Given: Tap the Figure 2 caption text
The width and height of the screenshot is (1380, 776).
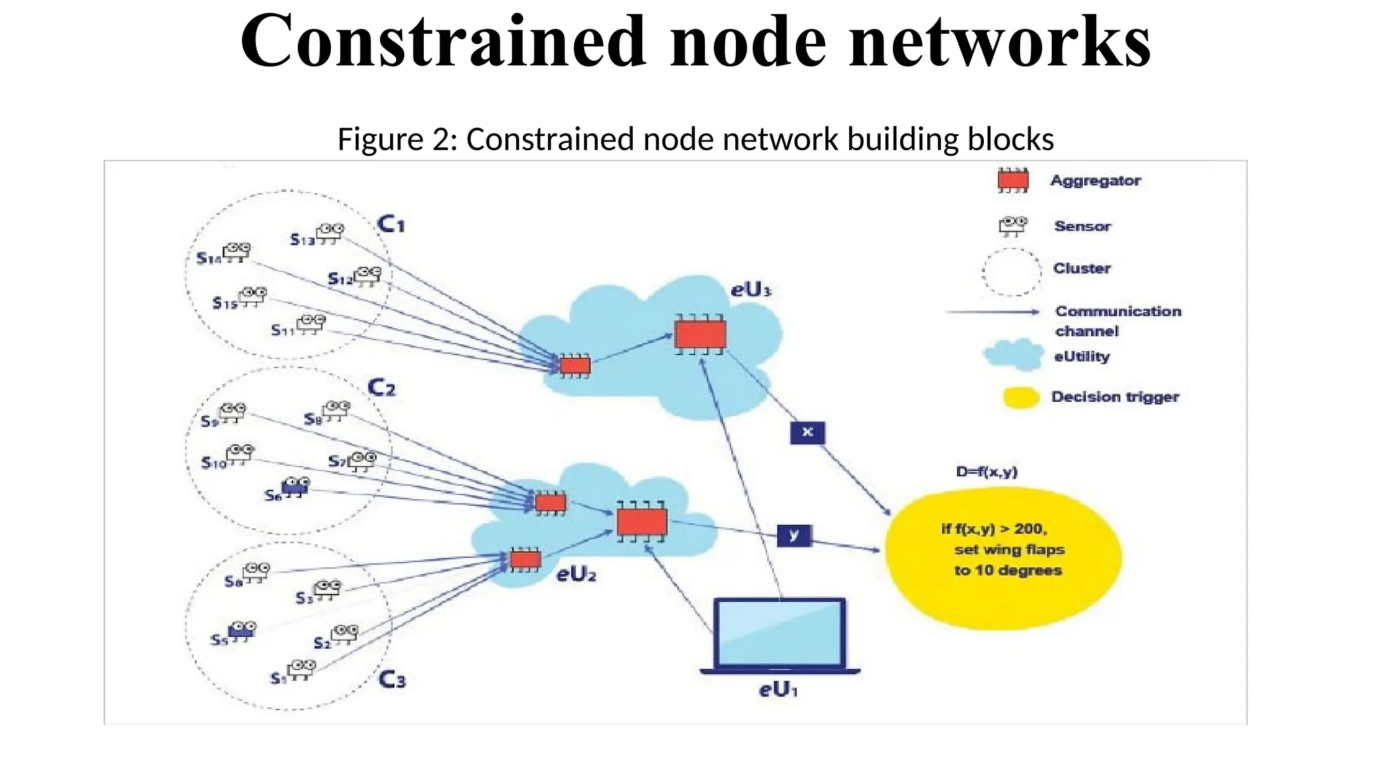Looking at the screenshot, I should click(695, 139).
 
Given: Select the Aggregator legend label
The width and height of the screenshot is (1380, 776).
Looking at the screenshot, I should click(1095, 181).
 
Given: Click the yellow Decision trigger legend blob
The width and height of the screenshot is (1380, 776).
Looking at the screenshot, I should click(1020, 397).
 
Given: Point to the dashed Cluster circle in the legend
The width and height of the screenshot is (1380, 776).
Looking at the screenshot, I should click(1011, 271).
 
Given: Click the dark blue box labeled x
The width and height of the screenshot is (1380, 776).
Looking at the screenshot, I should click(807, 432).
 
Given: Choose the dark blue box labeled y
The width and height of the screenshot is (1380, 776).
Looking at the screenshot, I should click(794, 536).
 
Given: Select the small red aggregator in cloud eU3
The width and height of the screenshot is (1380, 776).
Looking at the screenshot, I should click(575, 366).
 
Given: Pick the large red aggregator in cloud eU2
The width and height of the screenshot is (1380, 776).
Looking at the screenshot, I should click(641, 521).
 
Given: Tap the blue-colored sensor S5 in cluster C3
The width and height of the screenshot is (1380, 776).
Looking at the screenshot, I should click(241, 630).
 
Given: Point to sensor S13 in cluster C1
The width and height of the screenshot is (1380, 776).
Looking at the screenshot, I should click(330, 233).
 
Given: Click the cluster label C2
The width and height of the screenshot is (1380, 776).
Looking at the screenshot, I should click(381, 388).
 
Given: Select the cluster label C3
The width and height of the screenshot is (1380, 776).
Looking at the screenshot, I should click(392, 679).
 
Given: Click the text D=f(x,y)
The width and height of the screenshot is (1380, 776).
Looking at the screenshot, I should click(986, 472).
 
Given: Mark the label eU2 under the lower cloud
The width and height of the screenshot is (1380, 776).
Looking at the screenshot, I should click(576, 575).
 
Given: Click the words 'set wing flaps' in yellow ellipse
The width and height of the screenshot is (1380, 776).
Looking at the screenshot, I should click(1009, 550).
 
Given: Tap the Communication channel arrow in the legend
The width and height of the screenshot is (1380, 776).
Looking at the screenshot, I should click(993, 312).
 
